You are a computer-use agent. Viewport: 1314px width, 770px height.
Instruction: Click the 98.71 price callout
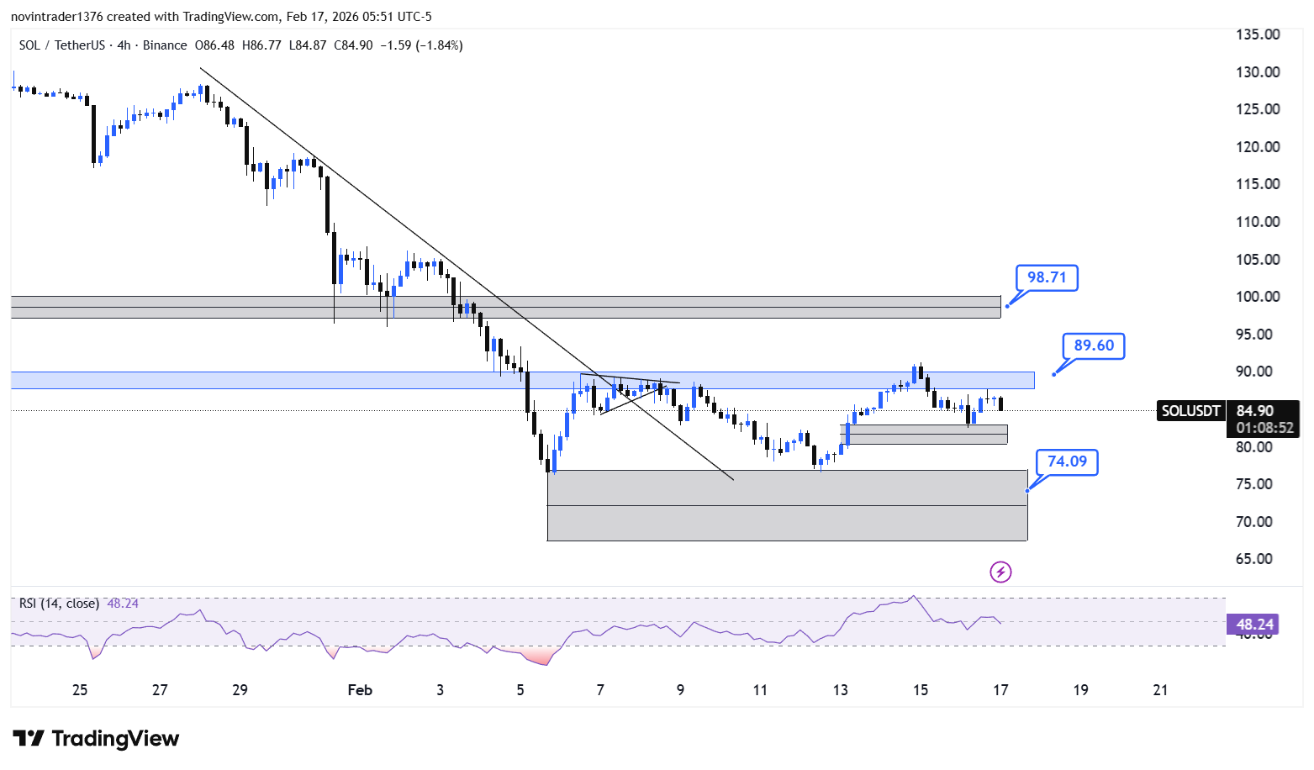(1047, 277)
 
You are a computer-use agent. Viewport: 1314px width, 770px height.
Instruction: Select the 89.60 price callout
(1094, 345)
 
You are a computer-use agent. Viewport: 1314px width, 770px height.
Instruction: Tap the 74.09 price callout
(1067, 461)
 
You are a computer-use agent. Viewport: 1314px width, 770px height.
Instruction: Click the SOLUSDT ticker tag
(1190, 410)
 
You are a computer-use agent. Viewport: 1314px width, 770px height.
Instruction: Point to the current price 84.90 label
(1255, 410)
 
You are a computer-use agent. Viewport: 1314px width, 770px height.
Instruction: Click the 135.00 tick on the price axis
(1258, 34)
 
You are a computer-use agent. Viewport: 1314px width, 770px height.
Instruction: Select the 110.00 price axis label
(1258, 222)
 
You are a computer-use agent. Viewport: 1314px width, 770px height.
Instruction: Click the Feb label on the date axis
(360, 690)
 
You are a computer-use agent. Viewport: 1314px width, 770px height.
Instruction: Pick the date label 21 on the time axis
(1160, 690)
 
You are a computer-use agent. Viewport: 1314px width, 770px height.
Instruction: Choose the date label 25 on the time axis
(80, 690)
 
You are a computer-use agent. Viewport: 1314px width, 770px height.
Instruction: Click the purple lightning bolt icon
(1000, 572)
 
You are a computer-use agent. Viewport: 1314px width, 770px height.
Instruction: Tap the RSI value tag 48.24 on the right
(1253, 624)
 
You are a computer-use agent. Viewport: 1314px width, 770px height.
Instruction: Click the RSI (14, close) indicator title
(59, 604)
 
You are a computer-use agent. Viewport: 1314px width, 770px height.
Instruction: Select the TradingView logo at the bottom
(96, 738)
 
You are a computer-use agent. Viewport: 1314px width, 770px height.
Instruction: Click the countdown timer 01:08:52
(1264, 428)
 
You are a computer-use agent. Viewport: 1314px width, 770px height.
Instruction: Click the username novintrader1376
(57, 17)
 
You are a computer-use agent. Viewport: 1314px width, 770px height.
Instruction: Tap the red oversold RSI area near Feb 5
(536, 657)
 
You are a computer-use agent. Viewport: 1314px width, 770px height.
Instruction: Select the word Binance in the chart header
(165, 45)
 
